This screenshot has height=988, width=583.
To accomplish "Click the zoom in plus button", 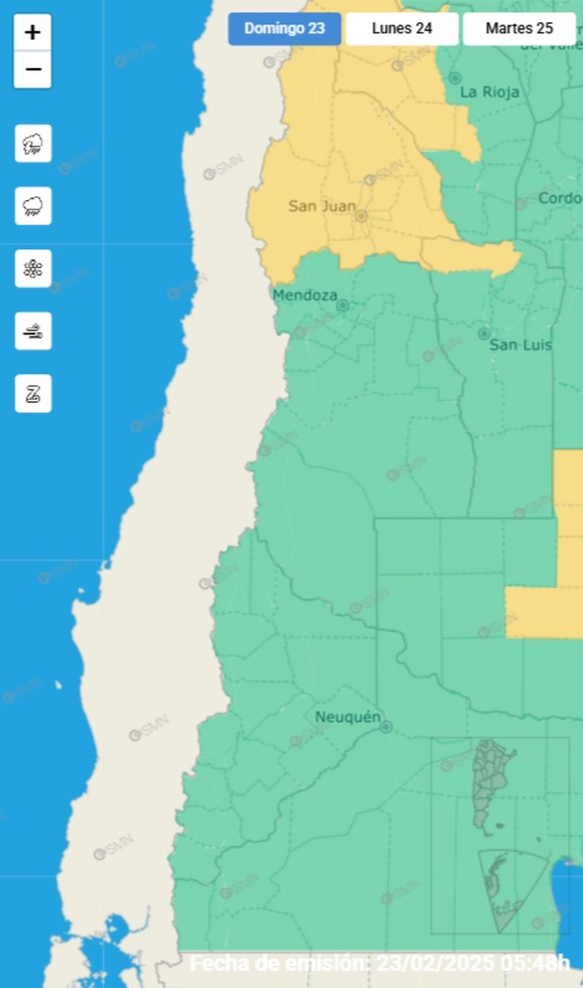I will [33, 33].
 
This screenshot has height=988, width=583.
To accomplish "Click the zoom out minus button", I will [33, 69].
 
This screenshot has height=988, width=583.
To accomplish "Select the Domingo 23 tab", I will [284, 29].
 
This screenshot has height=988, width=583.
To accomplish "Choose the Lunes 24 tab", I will [402, 29].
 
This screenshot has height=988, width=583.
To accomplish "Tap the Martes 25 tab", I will [519, 29].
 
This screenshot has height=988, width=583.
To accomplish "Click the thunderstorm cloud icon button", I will [33, 144].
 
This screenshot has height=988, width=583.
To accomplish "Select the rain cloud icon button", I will [33, 206].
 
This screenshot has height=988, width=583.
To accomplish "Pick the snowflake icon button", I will [33, 269].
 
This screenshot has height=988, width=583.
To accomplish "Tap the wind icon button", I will [33, 331].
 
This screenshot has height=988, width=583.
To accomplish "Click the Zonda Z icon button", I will [33, 393].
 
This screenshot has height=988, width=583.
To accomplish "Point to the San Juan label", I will [322, 206].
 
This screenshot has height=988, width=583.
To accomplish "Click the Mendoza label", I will [304, 295].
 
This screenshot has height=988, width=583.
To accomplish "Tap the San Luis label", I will [520, 345].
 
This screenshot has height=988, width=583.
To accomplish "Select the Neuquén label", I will [347, 717].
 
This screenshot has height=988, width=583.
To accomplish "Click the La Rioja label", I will [489, 92].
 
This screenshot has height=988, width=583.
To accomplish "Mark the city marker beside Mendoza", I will [343, 306].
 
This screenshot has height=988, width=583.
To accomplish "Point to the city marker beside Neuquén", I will [386, 727].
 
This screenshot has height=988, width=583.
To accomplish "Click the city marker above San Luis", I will [484, 334].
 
